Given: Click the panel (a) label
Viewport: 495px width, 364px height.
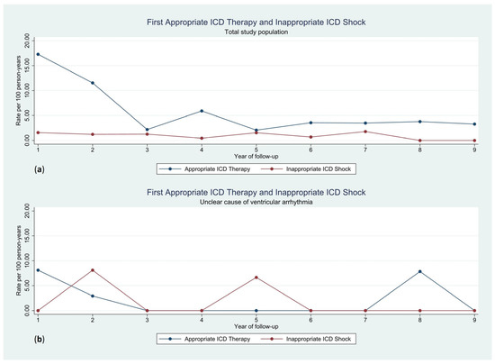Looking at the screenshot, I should pyautogui.click(x=13, y=168).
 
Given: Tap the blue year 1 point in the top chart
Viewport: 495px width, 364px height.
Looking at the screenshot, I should pyautogui.click(x=38, y=54).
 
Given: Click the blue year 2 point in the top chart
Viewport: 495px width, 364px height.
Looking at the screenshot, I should pyautogui.click(x=92, y=83).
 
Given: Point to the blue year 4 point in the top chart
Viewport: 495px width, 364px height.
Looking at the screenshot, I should pyautogui.click(x=202, y=111).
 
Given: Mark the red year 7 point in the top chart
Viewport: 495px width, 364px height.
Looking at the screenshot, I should pyautogui.click(x=365, y=132).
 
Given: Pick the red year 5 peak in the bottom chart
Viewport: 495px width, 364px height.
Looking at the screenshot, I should pyautogui.click(x=256, y=278).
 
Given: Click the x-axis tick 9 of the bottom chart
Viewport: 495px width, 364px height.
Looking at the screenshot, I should pyautogui.click(x=475, y=318).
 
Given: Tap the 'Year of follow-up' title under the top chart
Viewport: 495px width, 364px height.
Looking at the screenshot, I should pyautogui.click(x=256, y=158).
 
